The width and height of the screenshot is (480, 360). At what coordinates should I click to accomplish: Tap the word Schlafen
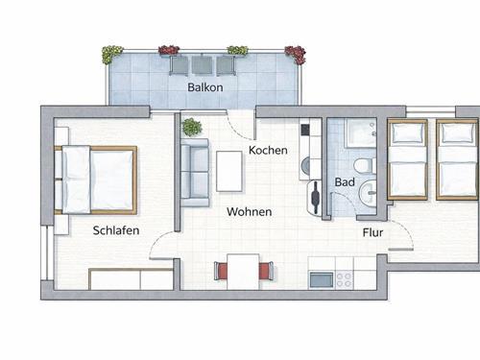click(117, 230)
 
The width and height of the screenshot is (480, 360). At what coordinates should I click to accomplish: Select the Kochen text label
click(268, 151)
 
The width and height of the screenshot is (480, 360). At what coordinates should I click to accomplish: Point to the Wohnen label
click(249, 211)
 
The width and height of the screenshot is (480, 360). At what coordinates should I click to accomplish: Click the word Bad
click(345, 181)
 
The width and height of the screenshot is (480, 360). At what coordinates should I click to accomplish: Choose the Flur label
click(373, 232)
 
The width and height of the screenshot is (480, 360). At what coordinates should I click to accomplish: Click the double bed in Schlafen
click(96, 179)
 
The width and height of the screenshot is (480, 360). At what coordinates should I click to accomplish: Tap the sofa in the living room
click(196, 172)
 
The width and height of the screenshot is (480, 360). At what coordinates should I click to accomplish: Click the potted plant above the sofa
click(192, 127)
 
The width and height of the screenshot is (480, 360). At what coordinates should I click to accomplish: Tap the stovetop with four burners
click(343, 279)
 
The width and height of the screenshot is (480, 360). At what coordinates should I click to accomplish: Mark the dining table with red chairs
click(244, 271)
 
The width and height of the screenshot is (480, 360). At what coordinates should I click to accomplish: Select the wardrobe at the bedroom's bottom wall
click(130, 279)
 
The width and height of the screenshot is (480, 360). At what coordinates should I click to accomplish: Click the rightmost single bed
click(456, 160)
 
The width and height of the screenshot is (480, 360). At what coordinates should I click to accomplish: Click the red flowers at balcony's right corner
click(295, 53)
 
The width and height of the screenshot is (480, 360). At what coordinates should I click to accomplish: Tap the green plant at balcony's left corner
click(112, 53)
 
